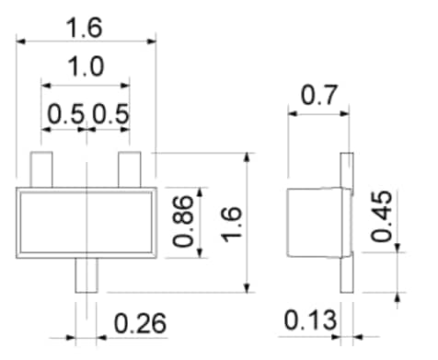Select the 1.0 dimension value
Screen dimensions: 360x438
pyautogui.click(x=86, y=66)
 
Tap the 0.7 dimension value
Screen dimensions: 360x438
pyautogui.click(x=318, y=96)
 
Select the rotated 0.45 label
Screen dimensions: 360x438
pyautogui.click(x=382, y=217)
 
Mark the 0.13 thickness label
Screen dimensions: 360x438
pyautogui.click(x=309, y=322)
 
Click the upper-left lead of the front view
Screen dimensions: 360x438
pyautogui.click(x=41, y=168)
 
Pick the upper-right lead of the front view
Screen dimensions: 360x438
pyautogui.click(x=130, y=168)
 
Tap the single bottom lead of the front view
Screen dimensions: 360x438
pyautogui.click(x=85, y=274)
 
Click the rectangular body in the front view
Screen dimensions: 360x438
pyautogui.click(x=86, y=220)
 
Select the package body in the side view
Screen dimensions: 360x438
pyautogui.click(x=313, y=221)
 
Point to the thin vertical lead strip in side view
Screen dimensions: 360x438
pyautogui.click(x=347, y=221)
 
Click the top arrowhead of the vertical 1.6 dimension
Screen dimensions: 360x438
pyautogui.click(x=248, y=157)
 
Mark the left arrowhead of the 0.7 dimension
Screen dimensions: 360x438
pyautogui.click(x=291, y=115)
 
